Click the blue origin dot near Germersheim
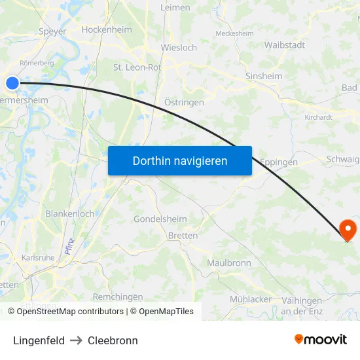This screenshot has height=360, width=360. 12,83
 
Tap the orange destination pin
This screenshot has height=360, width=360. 348,230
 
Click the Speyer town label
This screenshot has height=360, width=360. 53,31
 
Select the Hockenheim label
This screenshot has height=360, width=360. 107,29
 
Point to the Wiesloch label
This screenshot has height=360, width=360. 179,48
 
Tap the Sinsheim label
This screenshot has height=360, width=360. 264,76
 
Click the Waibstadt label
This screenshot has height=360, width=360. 285,45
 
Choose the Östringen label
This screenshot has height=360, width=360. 184,102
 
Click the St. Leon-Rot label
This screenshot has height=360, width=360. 137,67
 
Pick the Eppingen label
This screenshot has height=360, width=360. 279,162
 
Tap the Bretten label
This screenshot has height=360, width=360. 183,236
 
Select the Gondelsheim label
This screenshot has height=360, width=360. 160,219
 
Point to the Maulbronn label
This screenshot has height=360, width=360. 229,262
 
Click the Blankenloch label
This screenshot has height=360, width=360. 70,213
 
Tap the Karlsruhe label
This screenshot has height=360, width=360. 38,258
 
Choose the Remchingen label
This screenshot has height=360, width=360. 118,296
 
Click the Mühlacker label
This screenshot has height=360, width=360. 251,299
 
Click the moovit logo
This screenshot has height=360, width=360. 321,340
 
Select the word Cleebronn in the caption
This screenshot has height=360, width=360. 113,340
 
